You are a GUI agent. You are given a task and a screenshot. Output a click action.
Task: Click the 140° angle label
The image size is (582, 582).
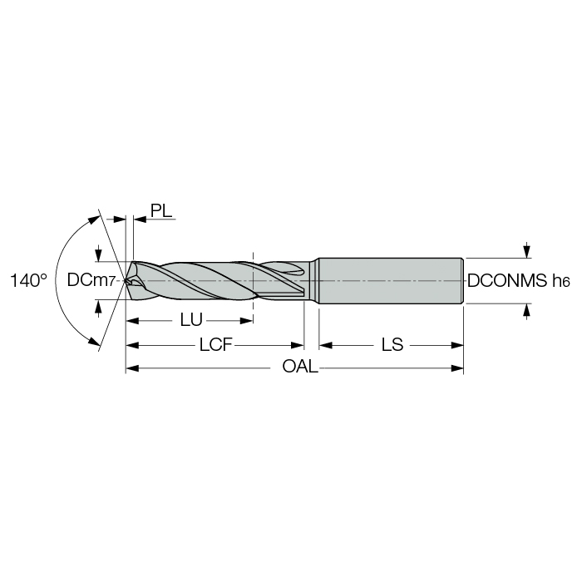(x=28, y=281)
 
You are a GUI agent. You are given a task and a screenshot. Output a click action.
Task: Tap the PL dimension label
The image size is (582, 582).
(x=161, y=210)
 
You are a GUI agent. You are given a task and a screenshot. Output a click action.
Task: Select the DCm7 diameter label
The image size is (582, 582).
(x=91, y=280)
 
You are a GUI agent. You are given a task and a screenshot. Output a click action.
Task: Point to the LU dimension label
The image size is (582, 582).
(x=191, y=320)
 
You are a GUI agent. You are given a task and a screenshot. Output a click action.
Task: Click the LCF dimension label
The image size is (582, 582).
(x=215, y=345)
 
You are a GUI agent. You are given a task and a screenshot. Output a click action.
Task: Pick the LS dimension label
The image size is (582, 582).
(x=392, y=345)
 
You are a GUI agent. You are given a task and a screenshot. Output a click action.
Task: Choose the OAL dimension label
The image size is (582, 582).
(x=300, y=367)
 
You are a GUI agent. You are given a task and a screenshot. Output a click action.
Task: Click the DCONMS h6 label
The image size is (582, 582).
(x=518, y=281)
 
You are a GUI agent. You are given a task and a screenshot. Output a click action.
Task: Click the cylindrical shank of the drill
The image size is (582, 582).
(x=391, y=281)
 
